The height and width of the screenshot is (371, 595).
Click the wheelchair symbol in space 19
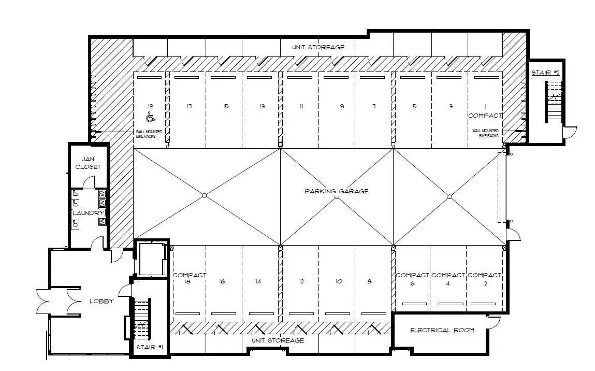151,117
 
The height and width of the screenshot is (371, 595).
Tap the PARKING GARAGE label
336,191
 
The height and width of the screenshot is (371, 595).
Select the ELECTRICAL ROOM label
442,330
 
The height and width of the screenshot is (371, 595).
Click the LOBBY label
101,301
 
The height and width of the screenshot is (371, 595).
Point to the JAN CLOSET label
88,163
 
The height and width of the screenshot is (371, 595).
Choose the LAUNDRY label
88,213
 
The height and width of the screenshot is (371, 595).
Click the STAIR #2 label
546,73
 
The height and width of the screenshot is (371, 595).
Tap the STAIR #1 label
150,347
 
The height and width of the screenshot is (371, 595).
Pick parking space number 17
189,106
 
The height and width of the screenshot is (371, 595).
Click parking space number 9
342,106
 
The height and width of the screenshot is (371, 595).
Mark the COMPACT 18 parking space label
190,278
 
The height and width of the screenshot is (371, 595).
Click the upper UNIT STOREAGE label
318,47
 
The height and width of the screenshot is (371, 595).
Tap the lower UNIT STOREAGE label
278,340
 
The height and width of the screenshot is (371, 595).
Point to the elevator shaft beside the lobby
152,259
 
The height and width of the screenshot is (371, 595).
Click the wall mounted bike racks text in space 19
149,134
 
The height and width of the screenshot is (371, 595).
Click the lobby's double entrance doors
59,302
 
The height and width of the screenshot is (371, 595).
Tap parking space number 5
414,106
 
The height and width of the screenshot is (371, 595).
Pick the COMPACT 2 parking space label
485,279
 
